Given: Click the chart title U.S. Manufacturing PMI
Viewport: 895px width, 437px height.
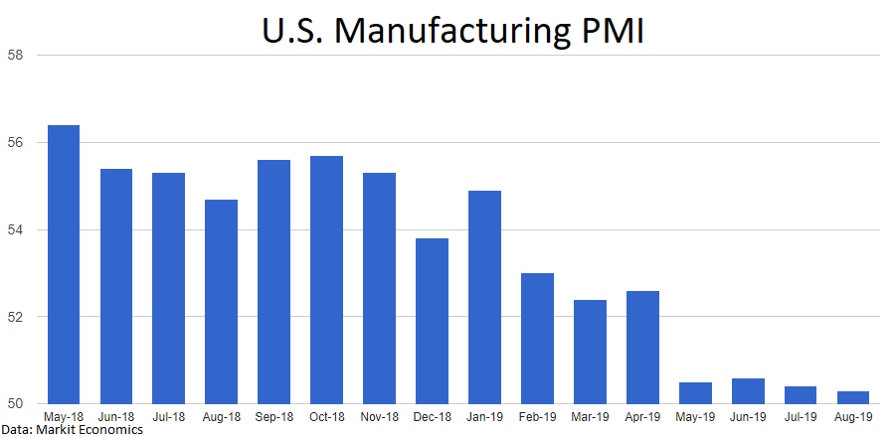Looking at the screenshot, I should click(453, 32).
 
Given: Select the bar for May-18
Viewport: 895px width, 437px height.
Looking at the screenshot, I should click(63, 264).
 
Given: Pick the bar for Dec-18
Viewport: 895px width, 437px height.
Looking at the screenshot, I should click(433, 321).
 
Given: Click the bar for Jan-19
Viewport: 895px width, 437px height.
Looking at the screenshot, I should click(484, 297).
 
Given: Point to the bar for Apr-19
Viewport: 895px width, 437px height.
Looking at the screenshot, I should click(643, 348).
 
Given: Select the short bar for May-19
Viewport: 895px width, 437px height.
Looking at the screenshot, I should click(696, 393).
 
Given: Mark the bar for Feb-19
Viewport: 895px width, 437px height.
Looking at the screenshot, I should click(537, 339).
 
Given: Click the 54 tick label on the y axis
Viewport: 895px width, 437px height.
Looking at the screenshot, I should click(16, 229).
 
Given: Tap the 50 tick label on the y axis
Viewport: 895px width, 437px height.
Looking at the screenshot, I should click(16, 404).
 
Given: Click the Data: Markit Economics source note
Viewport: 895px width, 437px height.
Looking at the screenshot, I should click(72, 429).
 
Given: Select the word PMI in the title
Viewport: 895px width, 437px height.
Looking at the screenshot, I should click(611, 32).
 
